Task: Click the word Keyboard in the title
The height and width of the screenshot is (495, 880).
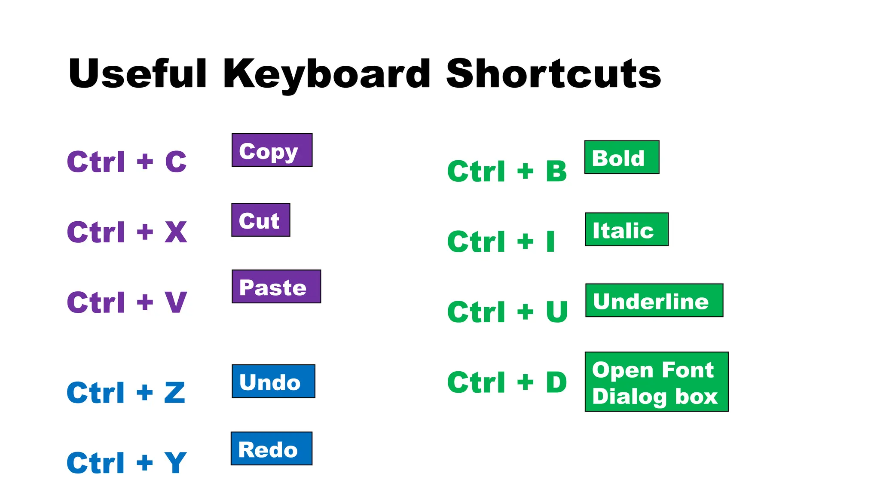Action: (327, 74)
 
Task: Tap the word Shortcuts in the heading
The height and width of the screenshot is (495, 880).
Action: (553, 74)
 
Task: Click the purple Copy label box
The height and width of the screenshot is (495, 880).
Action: (272, 150)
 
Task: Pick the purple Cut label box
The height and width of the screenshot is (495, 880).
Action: (261, 220)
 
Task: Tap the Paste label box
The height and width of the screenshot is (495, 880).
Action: (276, 287)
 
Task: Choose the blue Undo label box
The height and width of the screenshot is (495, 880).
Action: (273, 382)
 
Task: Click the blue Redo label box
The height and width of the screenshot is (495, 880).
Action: (272, 449)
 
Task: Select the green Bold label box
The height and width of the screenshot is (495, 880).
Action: (622, 157)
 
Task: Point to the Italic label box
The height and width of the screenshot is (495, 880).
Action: (626, 229)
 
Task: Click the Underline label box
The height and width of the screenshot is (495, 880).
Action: (654, 300)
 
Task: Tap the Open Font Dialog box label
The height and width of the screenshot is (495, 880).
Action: (656, 382)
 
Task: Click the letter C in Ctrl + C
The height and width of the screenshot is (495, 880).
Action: (176, 162)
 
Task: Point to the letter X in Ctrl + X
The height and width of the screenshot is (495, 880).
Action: (176, 232)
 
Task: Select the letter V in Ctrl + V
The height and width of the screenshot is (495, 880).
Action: (176, 302)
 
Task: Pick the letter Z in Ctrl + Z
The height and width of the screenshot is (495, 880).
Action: (175, 393)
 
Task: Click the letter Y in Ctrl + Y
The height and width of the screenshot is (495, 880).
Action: (175, 463)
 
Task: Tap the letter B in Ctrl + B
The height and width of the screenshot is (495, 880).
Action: (556, 171)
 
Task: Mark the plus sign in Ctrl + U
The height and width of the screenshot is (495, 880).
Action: (525, 312)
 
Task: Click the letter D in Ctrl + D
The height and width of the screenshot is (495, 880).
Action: (556, 382)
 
